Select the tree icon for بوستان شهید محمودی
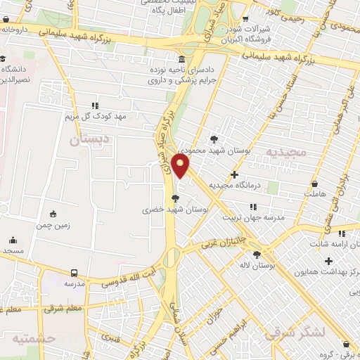point(214,139)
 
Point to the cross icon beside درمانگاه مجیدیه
point(234,174)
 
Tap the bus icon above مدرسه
point(74,272)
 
